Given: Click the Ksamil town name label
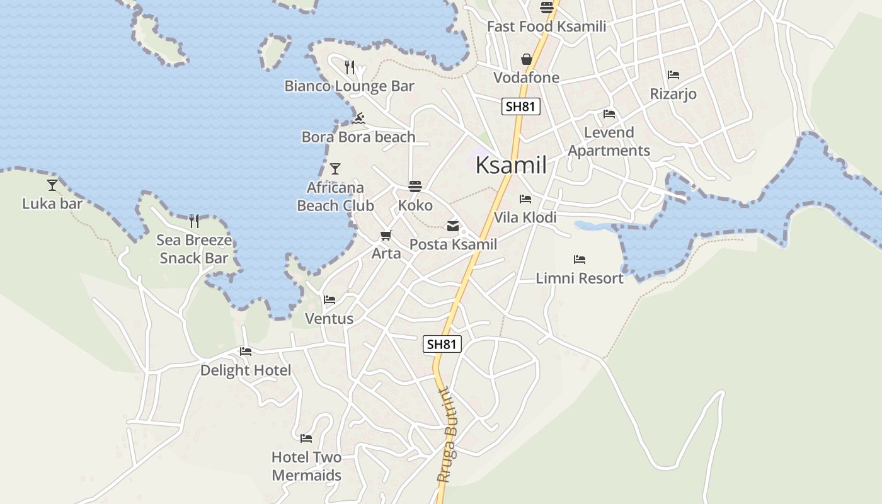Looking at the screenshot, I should coord(511,165).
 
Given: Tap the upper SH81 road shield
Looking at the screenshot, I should coord(521,106).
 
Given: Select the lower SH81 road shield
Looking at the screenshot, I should coord(442,344).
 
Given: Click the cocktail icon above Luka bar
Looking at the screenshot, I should coord(52,185).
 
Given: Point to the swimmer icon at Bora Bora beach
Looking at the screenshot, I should coord(358,118).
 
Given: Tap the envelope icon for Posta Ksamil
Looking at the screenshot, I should coord(453,226).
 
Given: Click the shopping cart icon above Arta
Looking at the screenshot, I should coord(386,236).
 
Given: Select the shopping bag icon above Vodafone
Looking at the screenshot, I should coord(527,60).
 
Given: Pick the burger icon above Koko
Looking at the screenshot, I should coord(415,186).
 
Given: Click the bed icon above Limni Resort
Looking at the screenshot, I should coord(580,260).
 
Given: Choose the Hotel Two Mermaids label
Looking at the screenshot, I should coord(307,466).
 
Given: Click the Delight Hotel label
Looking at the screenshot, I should coord(246,370).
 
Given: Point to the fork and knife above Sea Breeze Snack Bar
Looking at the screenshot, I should coord(194,221).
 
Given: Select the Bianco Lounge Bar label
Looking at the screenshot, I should coord(350,86).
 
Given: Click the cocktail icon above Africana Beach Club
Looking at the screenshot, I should coord(335,169).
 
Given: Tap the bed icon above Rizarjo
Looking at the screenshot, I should coord(673,75).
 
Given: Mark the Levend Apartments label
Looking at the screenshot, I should coord(609,142).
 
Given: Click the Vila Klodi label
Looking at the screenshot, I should coord(525,217).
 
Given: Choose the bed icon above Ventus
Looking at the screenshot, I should coord(329,300).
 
